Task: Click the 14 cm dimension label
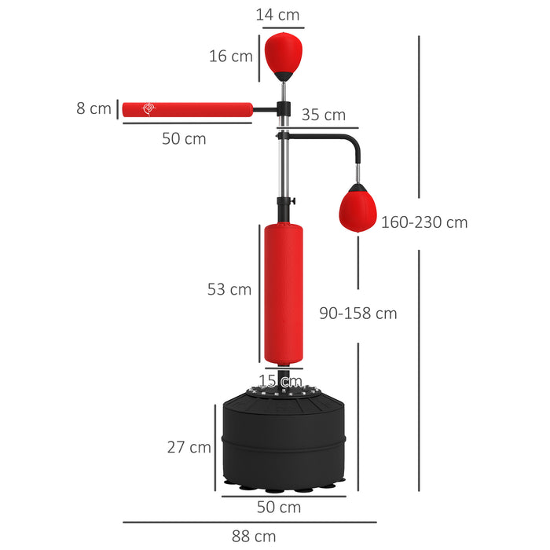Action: [x=278, y=14]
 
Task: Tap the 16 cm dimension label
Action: [x=230, y=56]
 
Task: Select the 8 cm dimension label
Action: [x=93, y=108]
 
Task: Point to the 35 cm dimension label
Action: [x=323, y=115]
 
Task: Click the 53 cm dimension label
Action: [x=229, y=289]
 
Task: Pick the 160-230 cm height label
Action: [x=424, y=222]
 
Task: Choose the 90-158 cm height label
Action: [x=357, y=313]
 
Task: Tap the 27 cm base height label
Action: [x=189, y=446]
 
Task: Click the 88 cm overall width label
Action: [x=254, y=536]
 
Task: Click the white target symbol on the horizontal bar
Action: [x=147, y=109]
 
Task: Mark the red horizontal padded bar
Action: [x=186, y=109]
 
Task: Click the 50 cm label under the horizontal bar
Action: [x=184, y=138]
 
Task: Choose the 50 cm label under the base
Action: [x=279, y=507]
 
